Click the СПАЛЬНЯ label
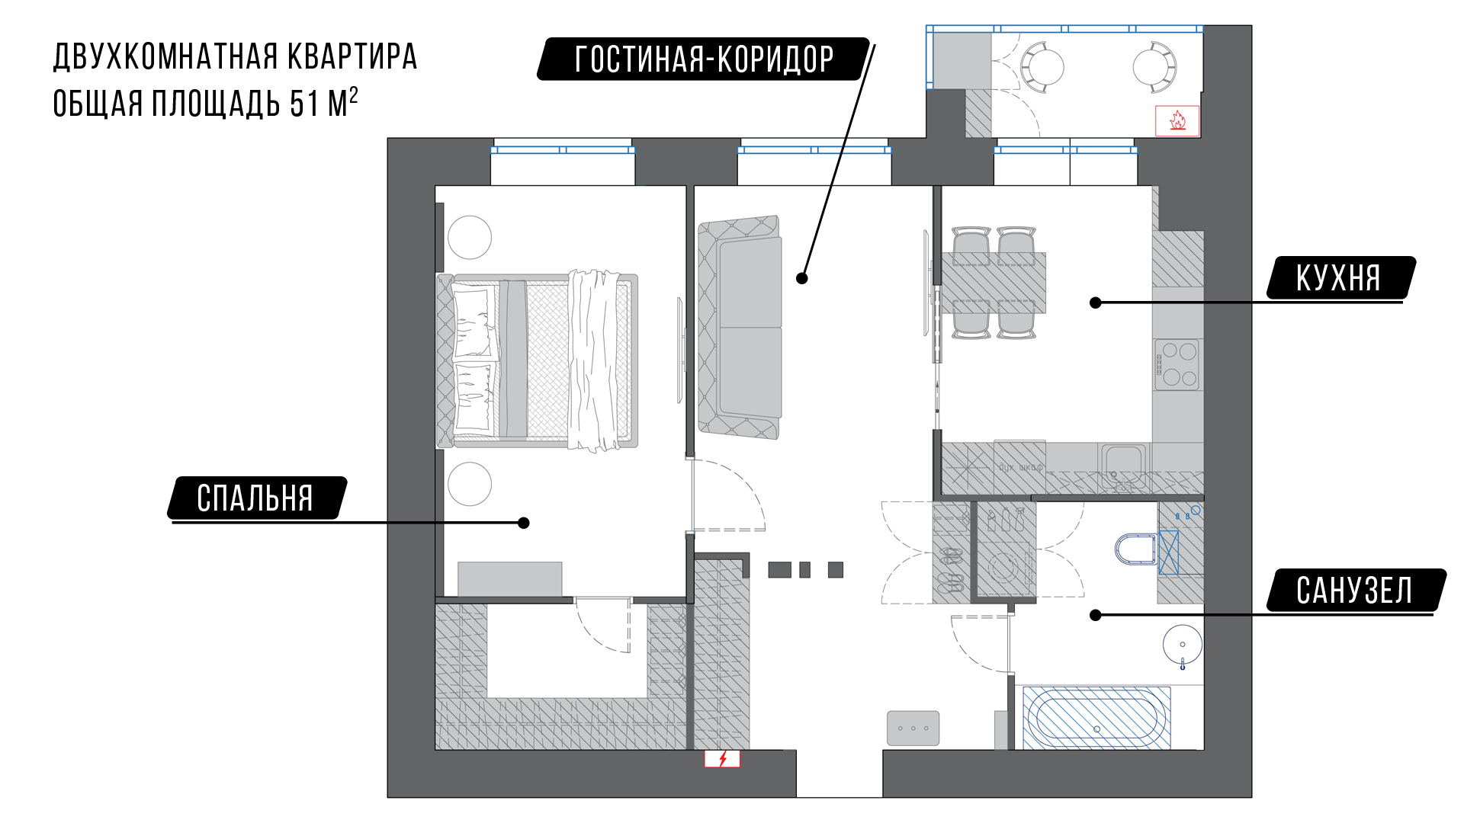pyautogui.click(x=255, y=498)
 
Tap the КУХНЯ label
pyautogui.click(x=1339, y=278)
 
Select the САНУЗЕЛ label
pyautogui.click(x=1354, y=591)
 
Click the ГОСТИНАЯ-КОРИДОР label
pyautogui.click(x=704, y=59)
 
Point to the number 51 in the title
pyautogui.click(x=304, y=104)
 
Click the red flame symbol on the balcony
pyautogui.click(x=1177, y=120)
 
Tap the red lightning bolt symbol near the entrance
pyautogui.click(x=722, y=759)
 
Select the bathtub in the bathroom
pyautogui.click(x=1096, y=719)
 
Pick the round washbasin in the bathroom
pyautogui.click(x=1183, y=645)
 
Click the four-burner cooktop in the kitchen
pyautogui.click(x=1177, y=364)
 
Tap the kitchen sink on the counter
pyautogui.click(x=1122, y=465)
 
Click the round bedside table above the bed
pyautogui.click(x=470, y=237)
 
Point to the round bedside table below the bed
pyautogui.click(x=470, y=484)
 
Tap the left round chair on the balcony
pyautogui.click(x=1042, y=66)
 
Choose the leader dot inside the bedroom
pyautogui.click(x=524, y=523)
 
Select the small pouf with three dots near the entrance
pyautogui.click(x=913, y=729)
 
